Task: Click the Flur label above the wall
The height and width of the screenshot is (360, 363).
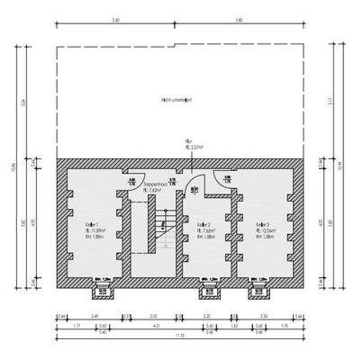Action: pos(190,143)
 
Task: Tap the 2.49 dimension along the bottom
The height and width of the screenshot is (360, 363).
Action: pos(95,316)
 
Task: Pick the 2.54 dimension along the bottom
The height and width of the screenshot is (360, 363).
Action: pos(263,316)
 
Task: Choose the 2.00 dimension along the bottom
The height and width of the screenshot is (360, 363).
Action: pos(153,316)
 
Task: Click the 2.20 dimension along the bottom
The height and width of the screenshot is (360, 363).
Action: pos(207,316)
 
